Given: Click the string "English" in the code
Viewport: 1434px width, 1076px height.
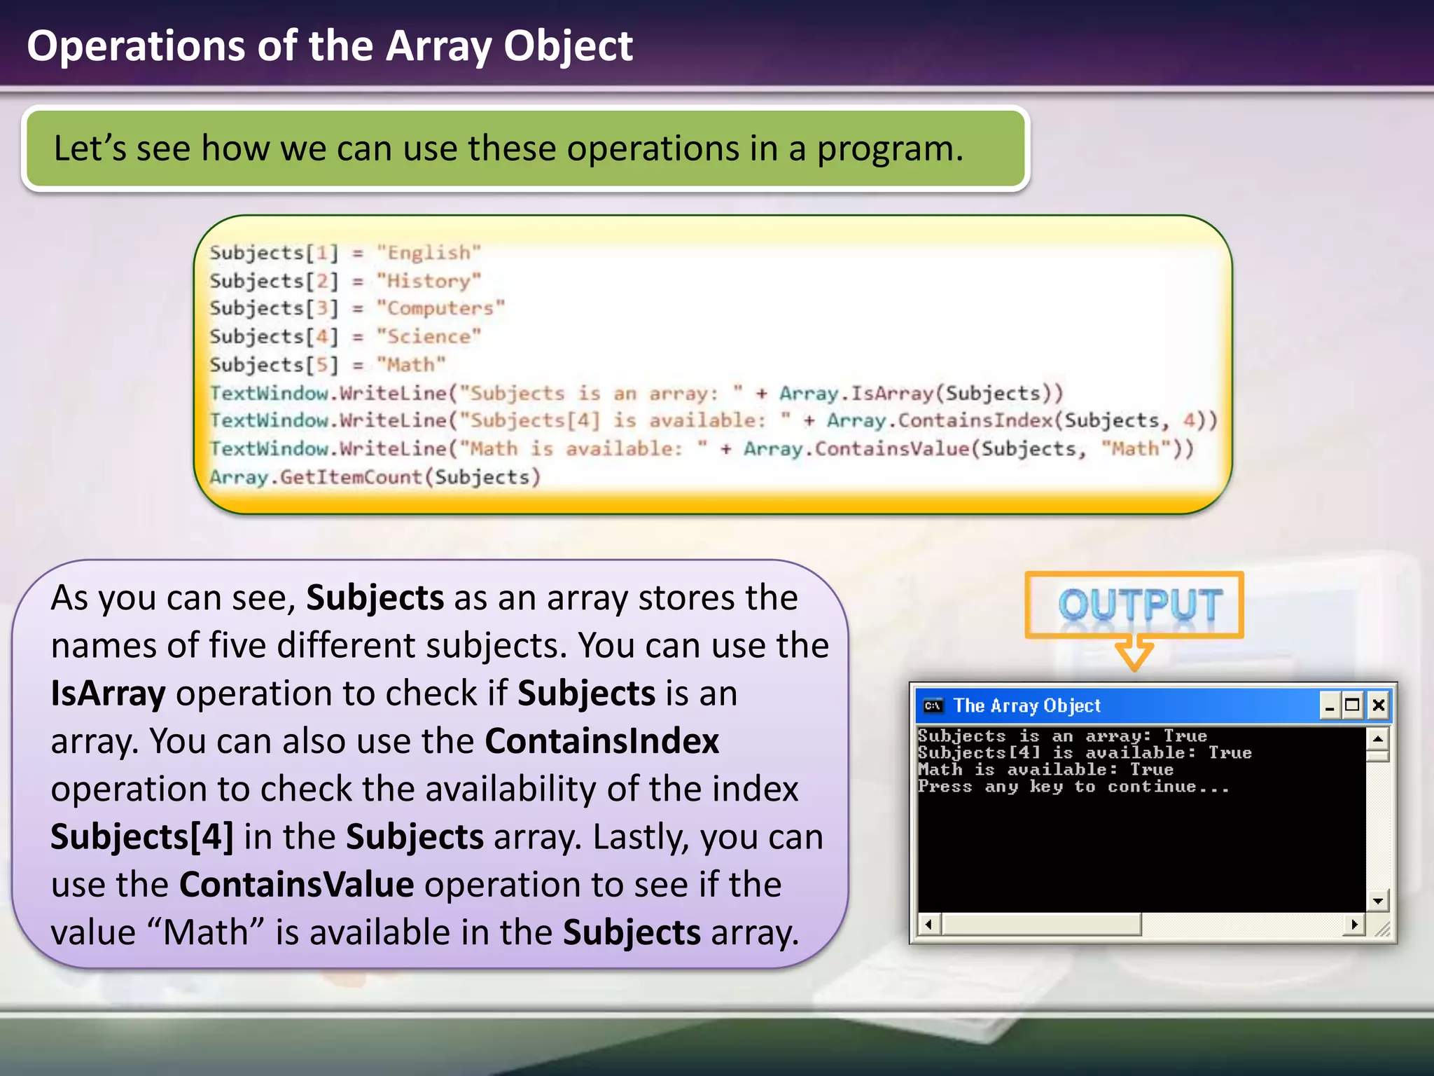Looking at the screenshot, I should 429,252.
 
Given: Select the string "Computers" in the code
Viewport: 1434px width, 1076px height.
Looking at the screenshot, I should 440,308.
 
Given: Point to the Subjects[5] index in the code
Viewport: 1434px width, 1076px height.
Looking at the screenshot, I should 274,365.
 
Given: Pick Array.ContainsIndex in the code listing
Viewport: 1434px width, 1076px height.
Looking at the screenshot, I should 939,420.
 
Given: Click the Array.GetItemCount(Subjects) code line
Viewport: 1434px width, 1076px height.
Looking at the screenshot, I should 375,477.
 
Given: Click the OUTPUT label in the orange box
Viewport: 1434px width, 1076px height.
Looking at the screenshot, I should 1139,605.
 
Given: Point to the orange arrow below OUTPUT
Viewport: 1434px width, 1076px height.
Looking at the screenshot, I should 1134,653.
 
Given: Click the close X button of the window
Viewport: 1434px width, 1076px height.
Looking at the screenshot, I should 1378,705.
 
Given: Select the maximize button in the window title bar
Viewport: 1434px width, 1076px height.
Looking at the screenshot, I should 1353,705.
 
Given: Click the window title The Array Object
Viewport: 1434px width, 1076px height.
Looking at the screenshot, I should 1026,705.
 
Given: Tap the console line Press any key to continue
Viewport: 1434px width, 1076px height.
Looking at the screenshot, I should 1073,787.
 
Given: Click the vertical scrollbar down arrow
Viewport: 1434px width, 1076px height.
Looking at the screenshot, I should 1377,901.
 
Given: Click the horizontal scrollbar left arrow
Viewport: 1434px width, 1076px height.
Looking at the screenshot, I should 928,925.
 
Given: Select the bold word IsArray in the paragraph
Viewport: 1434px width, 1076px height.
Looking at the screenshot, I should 108,694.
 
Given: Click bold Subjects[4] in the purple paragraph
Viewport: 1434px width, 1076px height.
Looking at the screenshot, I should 142,837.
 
